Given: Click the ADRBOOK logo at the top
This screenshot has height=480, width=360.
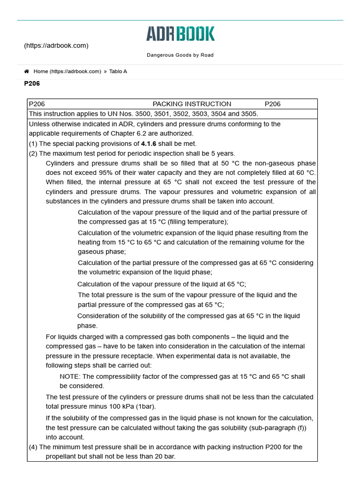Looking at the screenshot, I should [x=180, y=34].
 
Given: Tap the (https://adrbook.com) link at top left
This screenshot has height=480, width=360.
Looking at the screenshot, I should [x=56, y=45].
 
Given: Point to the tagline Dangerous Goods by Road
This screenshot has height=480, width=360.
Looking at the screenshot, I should [x=180, y=55].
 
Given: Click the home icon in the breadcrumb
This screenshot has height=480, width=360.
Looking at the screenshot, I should [x=27, y=71].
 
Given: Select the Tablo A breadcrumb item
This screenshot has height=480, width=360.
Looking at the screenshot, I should [x=118, y=71].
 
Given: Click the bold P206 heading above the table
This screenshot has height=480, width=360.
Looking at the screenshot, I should [x=32, y=84].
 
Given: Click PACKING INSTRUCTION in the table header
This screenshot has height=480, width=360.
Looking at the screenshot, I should [x=192, y=104].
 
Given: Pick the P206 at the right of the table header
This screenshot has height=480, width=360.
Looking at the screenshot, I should [x=272, y=104].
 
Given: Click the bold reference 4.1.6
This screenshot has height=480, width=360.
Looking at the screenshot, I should [x=149, y=143].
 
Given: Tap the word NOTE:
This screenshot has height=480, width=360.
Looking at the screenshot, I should [x=70, y=376].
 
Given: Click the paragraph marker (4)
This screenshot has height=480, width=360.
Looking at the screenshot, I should [x=33, y=447].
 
